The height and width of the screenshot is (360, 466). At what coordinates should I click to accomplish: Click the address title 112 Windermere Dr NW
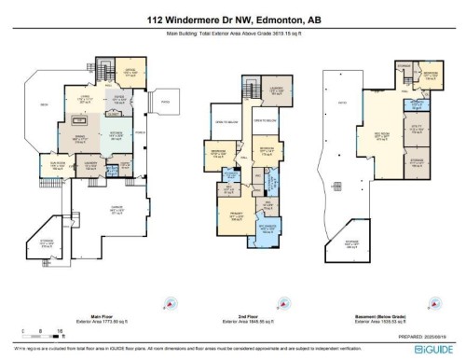tap(233, 18)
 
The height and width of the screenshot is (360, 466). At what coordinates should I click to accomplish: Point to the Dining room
tap(81, 140)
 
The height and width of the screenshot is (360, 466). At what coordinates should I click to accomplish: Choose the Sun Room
tap(57, 169)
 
